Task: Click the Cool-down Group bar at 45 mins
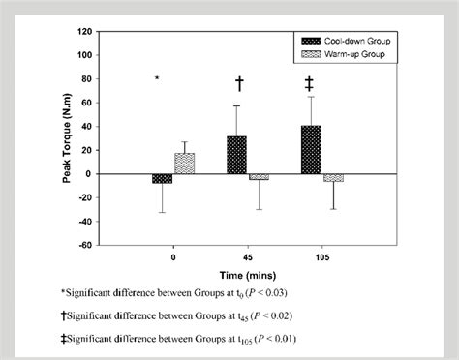click(236, 155)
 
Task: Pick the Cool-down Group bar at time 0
click(163, 179)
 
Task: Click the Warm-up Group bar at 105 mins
click(333, 178)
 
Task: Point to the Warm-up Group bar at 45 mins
click(259, 177)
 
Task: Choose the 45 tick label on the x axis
click(247, 258)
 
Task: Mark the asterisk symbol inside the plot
click(157, 77)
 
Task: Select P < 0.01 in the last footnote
click(276, 338)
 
